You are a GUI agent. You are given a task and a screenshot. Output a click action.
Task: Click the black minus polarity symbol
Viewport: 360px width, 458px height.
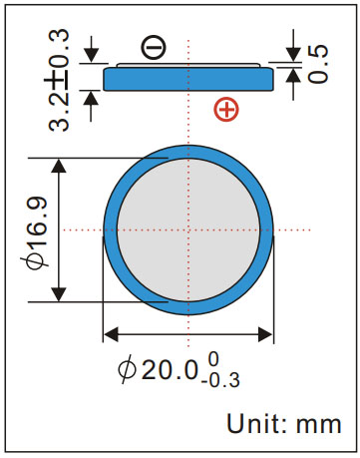click(x=154, y=47)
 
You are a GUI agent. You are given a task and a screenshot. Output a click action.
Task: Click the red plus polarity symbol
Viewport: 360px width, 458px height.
click(x=226, y=110)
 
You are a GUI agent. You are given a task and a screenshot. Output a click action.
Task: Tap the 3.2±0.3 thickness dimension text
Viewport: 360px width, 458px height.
click(x=59, y=80)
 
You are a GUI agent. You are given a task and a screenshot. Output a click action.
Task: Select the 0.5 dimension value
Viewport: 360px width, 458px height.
click(x=318, y=64)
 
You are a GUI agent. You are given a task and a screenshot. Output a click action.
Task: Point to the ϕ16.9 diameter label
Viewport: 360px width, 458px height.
click(x=37, y=232)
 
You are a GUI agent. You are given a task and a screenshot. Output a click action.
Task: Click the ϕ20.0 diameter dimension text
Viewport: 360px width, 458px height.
click(x=159, y=369)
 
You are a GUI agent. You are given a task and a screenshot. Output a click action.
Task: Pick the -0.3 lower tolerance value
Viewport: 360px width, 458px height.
click(x=220, y=380)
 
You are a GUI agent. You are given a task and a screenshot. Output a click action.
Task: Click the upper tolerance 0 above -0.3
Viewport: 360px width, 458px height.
click(x=213, y=359)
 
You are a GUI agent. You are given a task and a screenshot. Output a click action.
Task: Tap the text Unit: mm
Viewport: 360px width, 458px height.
click(x=284, y=423)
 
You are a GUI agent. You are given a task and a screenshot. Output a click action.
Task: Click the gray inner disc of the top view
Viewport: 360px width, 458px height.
click(x=188, y=229)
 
